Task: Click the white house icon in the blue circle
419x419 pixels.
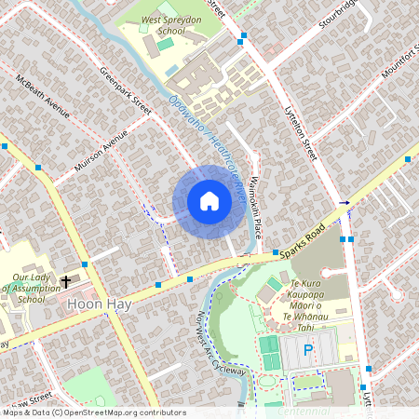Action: pos(209,201)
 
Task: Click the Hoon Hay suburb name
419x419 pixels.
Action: pos(97,304)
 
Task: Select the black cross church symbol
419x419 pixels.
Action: pos(66,281)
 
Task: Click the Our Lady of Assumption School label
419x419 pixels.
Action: pos(29,288)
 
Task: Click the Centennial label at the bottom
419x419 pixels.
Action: pos(304,411)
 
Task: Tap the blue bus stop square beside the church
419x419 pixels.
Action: pos(85,265)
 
